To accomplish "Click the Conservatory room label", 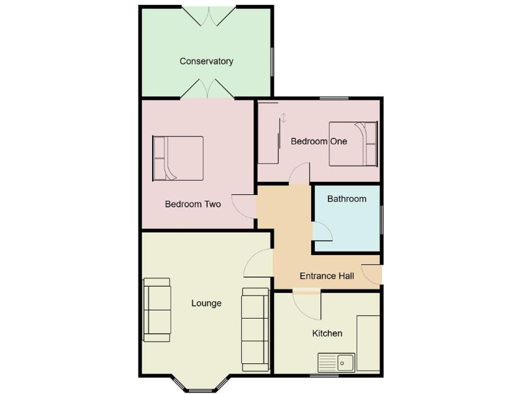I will point(206,61).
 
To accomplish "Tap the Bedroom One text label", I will point(318,142).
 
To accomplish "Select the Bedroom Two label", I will point(192,204).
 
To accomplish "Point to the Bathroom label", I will point(347,199).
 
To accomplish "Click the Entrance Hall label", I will point(327,276).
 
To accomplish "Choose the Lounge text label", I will point(206,303).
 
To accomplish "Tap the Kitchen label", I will point(327,333).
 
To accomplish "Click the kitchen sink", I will point(336,362).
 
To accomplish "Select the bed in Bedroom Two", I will point(178,158).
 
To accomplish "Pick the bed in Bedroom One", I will point(353,144).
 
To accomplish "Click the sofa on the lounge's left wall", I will point(156,309).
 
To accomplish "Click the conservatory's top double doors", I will point(209,16).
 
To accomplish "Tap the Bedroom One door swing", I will point(299,174).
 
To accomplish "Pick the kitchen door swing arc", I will point(306,304).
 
